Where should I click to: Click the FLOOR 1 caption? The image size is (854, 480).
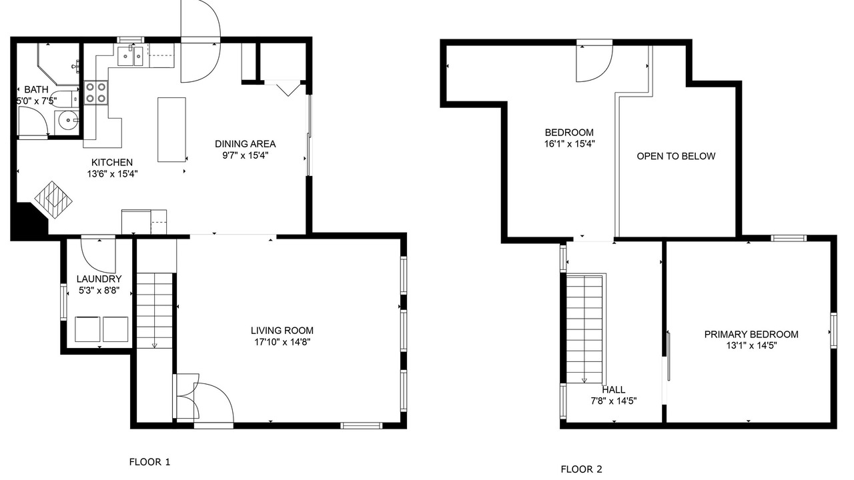coord(149,462)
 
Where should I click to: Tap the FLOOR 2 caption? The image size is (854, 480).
coord(581,469)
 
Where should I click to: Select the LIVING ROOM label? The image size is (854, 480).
coord(282,331)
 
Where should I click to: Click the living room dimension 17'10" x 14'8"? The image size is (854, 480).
coord(282,342)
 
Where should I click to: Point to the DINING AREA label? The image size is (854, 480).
coord(245,144)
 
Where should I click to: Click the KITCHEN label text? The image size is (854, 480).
coord(112,162)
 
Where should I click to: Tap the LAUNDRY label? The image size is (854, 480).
coord(99,279)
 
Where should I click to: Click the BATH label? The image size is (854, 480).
coord(36,89)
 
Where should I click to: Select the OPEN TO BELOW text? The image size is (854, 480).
coord(676,156)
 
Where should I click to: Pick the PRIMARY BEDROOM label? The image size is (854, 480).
coord(751,335)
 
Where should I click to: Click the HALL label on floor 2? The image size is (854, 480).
coord(613,390)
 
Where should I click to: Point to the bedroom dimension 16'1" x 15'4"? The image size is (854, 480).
coord(570,144)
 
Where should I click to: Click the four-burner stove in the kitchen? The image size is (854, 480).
coord(96,93)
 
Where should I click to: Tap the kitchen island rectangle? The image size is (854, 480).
coord(172,130)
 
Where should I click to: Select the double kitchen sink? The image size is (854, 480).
coord(130,56)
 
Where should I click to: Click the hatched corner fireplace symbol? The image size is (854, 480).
coord(54,199)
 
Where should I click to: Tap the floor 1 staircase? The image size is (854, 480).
coord(154,311)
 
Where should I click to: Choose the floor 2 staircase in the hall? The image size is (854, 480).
coord(585,329)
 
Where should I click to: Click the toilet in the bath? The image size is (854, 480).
coord(64,99)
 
